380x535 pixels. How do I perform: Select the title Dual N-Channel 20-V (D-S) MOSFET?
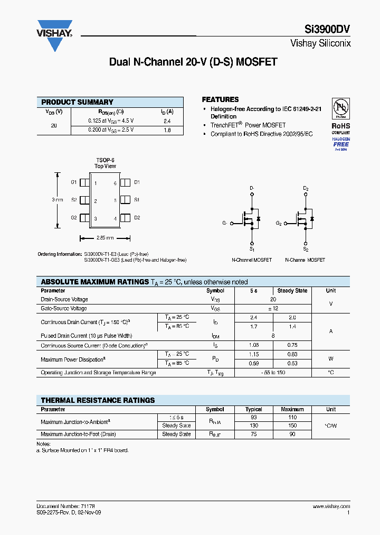(193, 62)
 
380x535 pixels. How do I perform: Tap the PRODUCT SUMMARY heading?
(77, 102)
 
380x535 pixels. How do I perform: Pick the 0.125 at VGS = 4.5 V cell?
(111, 120)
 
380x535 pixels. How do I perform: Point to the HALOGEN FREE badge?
(341, 143)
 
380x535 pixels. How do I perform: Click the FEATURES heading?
(221, 99)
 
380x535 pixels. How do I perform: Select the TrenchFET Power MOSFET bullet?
(248, 125)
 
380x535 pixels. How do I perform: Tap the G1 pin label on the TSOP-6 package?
(74, 182)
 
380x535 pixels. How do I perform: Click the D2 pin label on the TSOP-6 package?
(137, 217)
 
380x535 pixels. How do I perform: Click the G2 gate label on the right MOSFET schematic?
(279, 223)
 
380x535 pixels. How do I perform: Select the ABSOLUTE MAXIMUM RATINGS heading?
(95, 282)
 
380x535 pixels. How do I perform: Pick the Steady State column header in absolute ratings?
(292, 291)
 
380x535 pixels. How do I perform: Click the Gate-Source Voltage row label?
(64, 308)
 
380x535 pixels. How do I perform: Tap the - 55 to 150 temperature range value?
(273, 373)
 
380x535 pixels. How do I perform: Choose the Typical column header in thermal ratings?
(254, 409)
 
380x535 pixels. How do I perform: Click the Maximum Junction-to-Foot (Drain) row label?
(78, 434)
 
